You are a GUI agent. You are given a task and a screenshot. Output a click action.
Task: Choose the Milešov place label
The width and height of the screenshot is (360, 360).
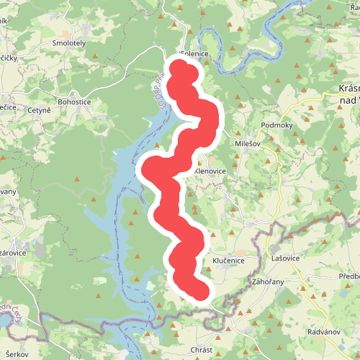click(248, 143)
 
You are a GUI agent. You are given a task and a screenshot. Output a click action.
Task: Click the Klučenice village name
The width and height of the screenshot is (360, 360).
click(228, 260)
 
